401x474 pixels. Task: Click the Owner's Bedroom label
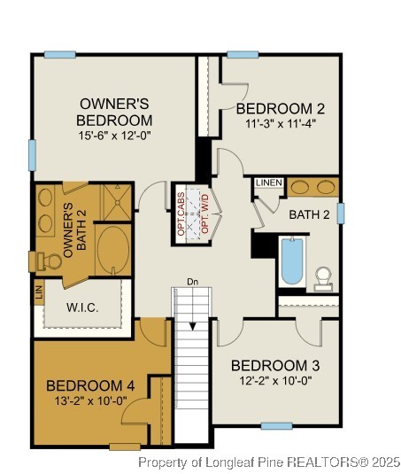[114, 112]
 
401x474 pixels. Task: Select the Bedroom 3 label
[274, 365]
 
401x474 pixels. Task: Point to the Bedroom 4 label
[90, 385]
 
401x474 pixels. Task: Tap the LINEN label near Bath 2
[268, 183]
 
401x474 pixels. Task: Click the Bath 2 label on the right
[309, 214]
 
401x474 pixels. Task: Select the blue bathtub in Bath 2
[292, 260]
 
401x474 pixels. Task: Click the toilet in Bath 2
[323, 278]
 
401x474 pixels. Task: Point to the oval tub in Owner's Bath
[112, 250]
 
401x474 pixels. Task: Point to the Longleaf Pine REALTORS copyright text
[269, 462]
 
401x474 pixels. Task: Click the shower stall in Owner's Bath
[117, 201]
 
